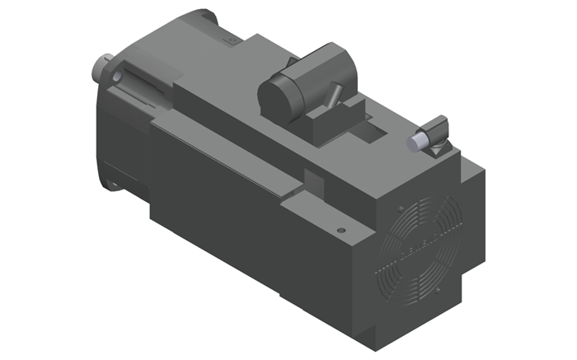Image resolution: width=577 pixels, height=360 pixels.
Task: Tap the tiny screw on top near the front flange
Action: tap(234, 38)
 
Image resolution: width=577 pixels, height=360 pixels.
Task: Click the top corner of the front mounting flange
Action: tap(202, 14)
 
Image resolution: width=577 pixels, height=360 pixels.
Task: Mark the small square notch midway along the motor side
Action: tap(313, 178)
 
